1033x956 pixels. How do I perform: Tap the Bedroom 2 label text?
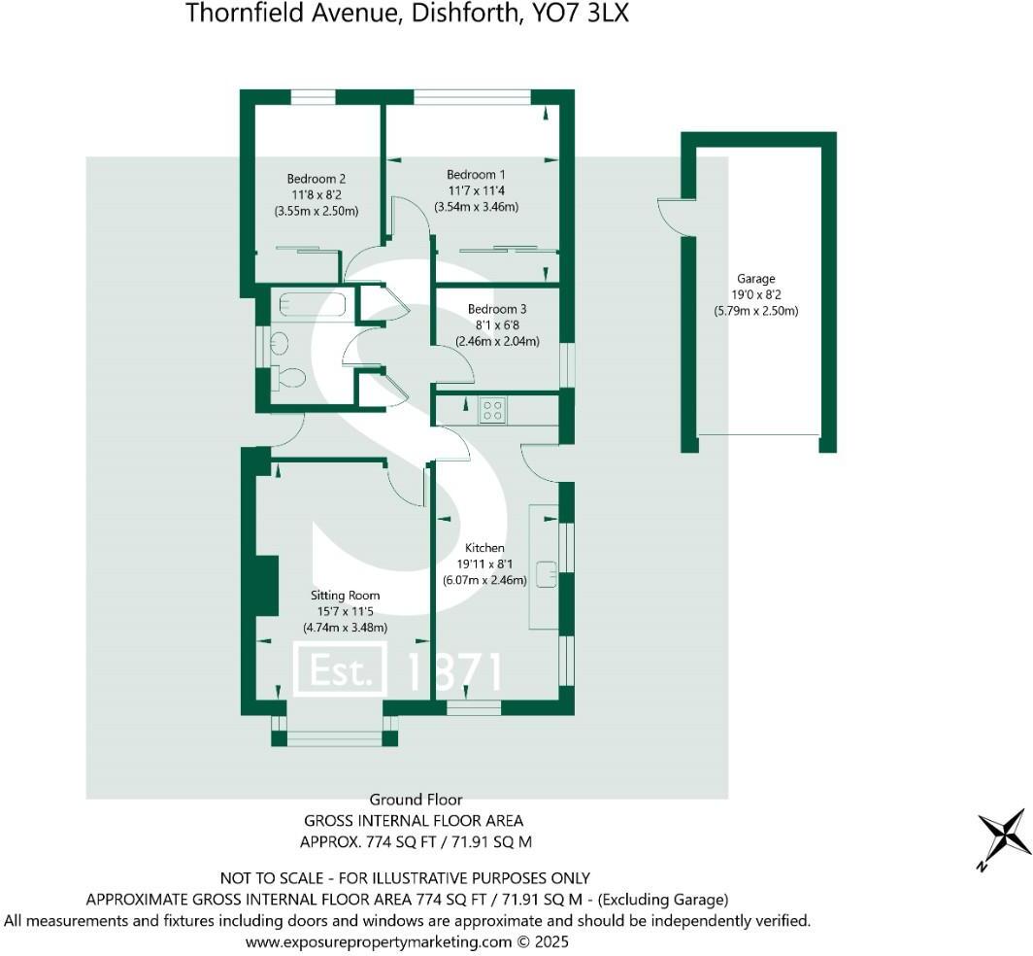pos(316,179)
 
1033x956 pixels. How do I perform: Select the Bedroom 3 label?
pos(498,309)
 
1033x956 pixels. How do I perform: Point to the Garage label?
pos(755,279)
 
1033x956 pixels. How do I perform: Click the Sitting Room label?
pos(345,595)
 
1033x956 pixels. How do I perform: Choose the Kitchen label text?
pos(484,548)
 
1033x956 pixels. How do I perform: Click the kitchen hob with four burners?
pos(492,411)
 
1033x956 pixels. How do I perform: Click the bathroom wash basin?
pos(280,342)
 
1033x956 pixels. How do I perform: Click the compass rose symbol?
pos(1004,837)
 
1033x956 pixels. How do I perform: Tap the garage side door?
pos(670,214)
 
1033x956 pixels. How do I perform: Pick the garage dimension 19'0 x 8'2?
pos(755,295)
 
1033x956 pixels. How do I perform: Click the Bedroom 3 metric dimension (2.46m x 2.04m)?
pos(498,341)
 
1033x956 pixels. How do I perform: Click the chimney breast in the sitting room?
pos(261,585)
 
